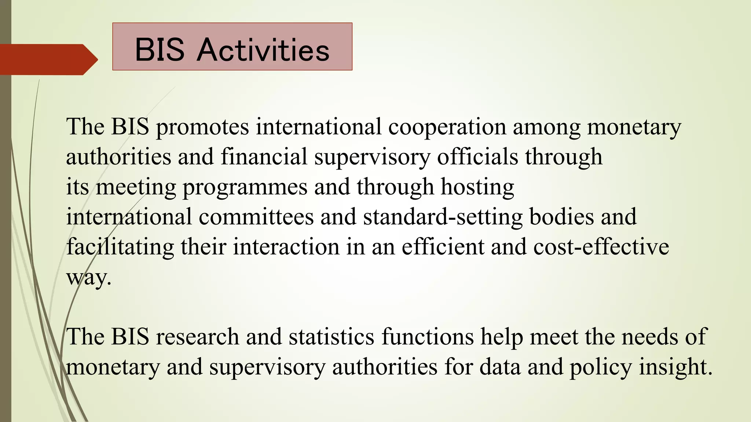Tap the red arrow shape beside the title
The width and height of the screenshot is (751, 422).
point(48,59)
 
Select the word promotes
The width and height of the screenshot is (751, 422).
point(202,127)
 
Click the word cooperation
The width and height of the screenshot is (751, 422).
point(447,127)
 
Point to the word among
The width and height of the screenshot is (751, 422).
point(546,127)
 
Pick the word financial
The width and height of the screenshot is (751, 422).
point(264,157)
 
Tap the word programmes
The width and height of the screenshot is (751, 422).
point(245,187)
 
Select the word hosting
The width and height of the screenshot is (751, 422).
point(477,187)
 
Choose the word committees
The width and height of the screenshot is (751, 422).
point(256,217)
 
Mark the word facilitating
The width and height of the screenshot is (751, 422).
point(120,247)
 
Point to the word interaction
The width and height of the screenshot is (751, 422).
point(286,247)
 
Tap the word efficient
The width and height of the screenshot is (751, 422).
point(443,247)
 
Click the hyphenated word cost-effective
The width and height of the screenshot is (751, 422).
point(601,247)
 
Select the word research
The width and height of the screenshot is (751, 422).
point(197,337)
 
